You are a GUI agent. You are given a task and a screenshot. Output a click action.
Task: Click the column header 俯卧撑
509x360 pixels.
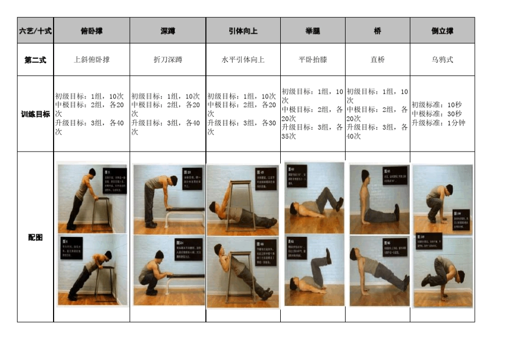[92, 31]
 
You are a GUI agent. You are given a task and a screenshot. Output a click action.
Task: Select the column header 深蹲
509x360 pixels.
[168, 31]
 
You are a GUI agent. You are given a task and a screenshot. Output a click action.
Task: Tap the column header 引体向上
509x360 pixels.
[243, 31]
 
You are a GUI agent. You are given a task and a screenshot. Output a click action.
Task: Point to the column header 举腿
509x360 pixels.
[312, 31]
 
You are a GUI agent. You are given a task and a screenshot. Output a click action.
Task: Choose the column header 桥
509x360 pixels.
[377, 31]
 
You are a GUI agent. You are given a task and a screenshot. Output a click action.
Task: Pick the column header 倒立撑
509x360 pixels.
[442, 31]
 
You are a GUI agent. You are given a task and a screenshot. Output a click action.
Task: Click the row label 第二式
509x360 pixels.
[35, 59]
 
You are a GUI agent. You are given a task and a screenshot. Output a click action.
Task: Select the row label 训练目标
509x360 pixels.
[35, 114]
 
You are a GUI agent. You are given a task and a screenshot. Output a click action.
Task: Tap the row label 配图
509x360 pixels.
[35, 237]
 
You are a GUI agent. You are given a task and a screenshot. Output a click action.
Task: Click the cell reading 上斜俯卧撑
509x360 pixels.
[92, 59]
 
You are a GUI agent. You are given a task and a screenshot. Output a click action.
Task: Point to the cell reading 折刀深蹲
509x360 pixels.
[168, 59]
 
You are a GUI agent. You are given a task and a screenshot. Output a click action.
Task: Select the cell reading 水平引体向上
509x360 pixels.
[243, 59]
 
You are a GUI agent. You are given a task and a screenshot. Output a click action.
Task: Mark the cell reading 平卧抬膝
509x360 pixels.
[312, 59]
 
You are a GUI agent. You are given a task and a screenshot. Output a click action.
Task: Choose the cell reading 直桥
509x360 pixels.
[377, 59]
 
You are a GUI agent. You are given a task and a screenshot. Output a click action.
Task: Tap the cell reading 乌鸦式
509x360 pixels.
[442, 59]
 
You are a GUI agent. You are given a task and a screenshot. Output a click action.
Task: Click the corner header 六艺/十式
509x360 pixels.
[35, 31]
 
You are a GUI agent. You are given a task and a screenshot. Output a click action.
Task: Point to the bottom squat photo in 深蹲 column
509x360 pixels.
[168, 270]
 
